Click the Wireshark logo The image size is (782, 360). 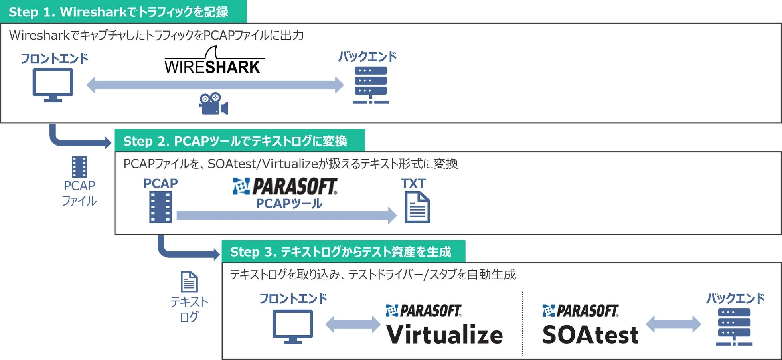click(214, 62)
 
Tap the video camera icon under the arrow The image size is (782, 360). click(213, 104)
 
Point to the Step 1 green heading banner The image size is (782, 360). click(123, 12)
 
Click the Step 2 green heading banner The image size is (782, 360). click(239, 141)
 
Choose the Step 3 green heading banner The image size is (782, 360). click(343, 252)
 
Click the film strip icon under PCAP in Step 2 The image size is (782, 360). click(160, 207)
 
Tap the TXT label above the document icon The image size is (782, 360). click(413, 184)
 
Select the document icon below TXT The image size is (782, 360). click(417, 207)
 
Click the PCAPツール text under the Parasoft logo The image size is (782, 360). click(289, 204)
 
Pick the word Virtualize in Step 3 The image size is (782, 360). click(444, 335)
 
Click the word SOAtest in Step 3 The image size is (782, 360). click(590, 335)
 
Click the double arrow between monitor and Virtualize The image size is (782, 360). click(353, 324)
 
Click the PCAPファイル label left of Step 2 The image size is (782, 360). click(79, 193)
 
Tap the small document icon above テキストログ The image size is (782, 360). click(189, 281)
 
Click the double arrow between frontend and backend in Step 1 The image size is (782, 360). click(215, 85)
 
